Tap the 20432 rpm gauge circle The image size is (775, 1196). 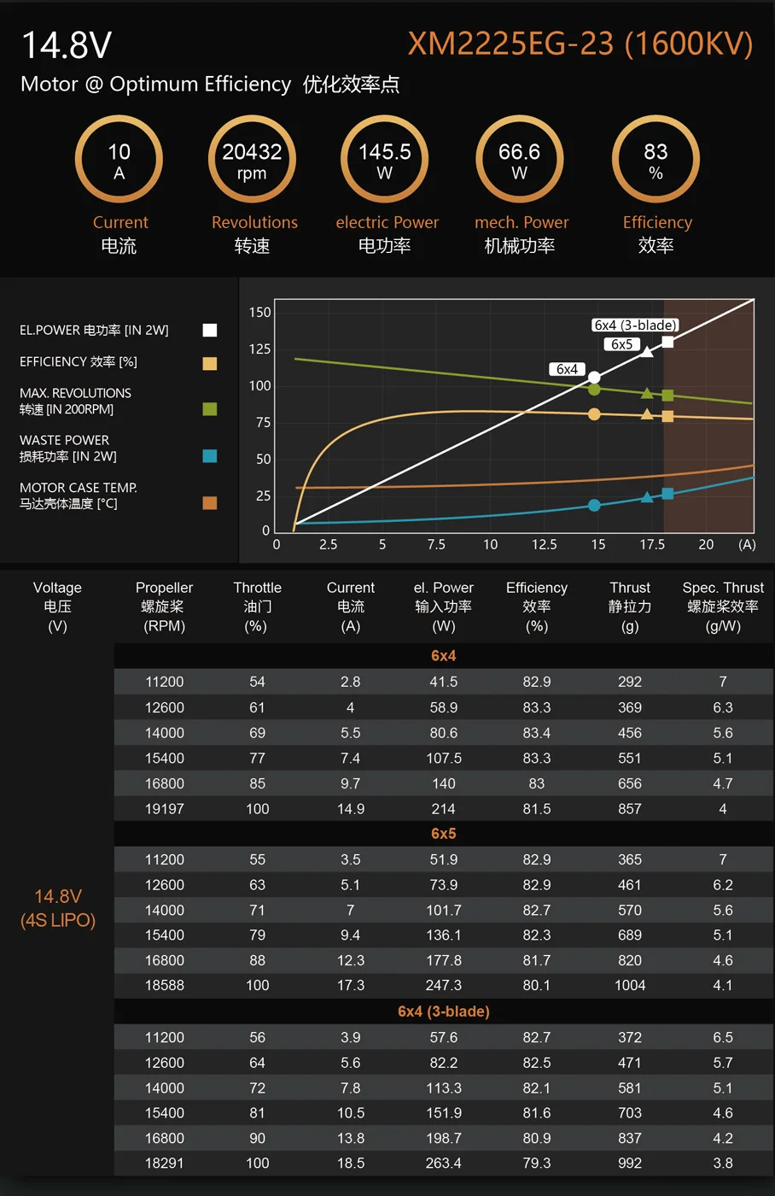pos(252,160)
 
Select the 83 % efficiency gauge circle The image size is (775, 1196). pos(656,160)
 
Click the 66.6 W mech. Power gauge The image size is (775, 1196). pos(519,160)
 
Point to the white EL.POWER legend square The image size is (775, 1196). pos(209,331)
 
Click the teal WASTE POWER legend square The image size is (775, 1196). pos(209,456)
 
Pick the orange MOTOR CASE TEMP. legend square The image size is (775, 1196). pos(209,503)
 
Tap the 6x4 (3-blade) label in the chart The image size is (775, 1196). pos(635,325)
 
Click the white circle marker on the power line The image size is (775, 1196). pos(594,377)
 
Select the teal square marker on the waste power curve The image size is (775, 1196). pos(667,494)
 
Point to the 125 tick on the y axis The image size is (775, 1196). pos(260,349)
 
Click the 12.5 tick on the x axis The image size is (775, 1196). pos(544,544)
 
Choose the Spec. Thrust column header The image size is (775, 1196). pos(723,606)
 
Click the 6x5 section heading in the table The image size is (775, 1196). pos(443,833)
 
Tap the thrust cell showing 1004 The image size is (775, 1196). pos(630,985)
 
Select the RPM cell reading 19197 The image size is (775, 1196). pos(165,808)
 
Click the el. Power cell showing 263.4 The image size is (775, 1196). pos(443,1163)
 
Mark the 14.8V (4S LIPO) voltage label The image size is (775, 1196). pos(58,908)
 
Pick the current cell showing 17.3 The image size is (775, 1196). pos(350,985)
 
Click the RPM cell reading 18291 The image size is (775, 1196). pos(165,1163)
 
